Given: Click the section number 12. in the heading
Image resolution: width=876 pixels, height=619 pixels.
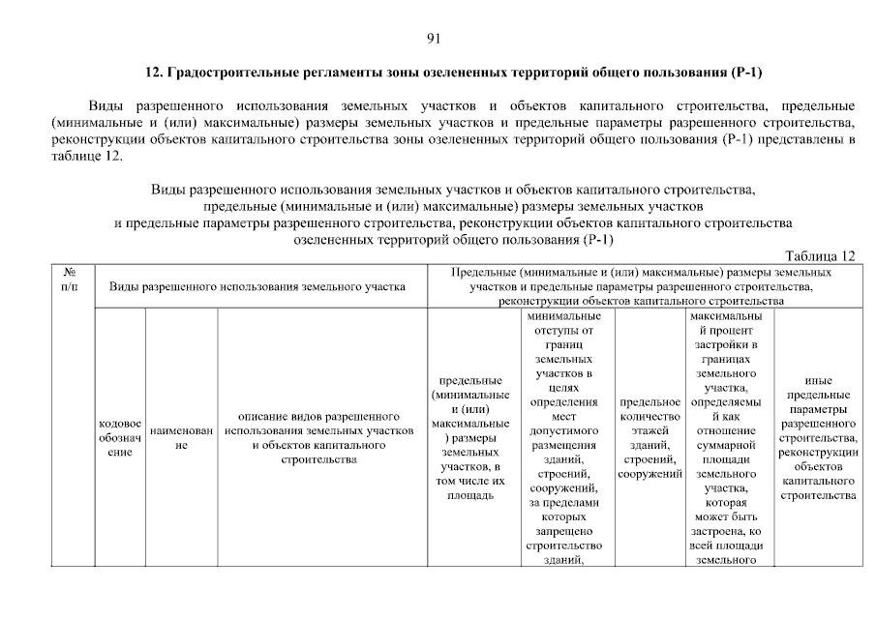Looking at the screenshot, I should tap(153, 74).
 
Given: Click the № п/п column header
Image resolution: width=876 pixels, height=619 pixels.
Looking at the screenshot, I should tap(70, 280).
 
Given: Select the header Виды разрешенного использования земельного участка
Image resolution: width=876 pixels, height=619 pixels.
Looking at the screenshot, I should tap(257, 287).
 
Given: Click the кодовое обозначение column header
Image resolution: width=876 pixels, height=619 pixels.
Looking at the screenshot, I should tap(120, 439).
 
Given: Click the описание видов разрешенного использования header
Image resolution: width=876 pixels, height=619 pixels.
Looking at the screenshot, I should tap(319, 438).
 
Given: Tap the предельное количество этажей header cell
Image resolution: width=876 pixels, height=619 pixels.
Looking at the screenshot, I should tap(650, 438).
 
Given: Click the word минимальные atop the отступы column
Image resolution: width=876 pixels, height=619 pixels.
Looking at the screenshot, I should tap(562, 316).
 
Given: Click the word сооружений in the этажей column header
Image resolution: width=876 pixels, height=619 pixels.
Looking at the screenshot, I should tap(650, 474).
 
